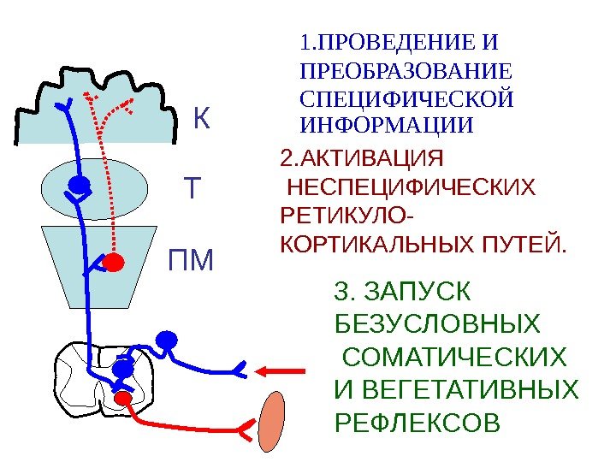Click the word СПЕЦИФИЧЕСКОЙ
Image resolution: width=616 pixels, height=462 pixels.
pyautogui.click(x=408, y=98)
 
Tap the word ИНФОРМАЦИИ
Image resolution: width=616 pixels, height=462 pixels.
pyautogui.click(x=388, y=126)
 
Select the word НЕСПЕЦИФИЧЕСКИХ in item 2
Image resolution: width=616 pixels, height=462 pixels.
pyautogui.click(x=412, y=187)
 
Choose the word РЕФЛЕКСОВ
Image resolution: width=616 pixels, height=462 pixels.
pyautogui.click(x=416, y=423)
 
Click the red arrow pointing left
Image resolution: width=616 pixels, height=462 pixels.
pyautogui.click(x=281, y=370)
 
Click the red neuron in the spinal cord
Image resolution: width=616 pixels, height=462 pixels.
pyautogui.click(x=122, y=398)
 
